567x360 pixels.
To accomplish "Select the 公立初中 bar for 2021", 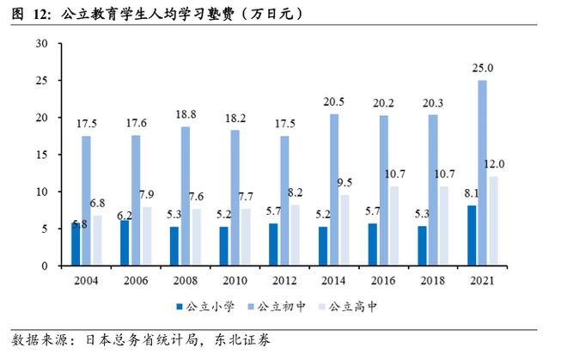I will pos(483,173).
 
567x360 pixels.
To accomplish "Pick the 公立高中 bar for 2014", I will pos(344,230).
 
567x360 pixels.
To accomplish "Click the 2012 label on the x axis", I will pos(284,281).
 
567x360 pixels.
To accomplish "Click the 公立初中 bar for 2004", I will pos(87,201).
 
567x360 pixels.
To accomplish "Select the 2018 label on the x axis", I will pos(433,281).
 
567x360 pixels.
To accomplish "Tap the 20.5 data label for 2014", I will pos(334,101).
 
